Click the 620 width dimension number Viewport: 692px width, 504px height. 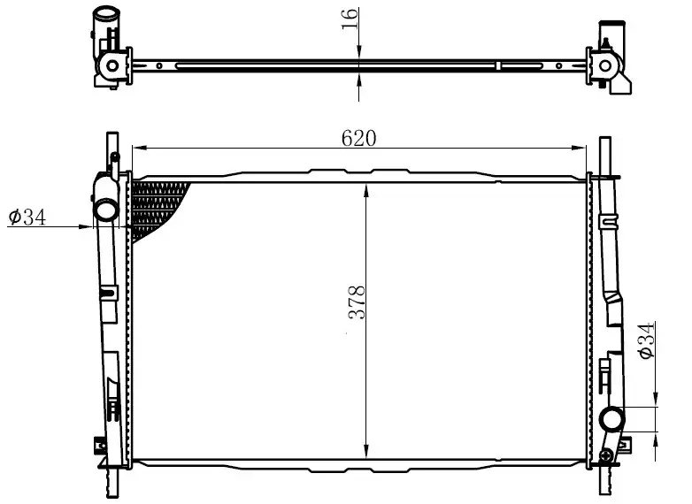[358, 138]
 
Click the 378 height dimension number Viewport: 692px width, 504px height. [357, 302]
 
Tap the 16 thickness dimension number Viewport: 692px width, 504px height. [350, 19]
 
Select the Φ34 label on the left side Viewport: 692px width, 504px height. [27, 217]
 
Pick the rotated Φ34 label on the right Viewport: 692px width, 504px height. [646, 340]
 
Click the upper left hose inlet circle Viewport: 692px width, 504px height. [106, 209]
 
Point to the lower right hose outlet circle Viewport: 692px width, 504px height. [611, 417]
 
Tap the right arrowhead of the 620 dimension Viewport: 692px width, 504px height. [579, 148]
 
